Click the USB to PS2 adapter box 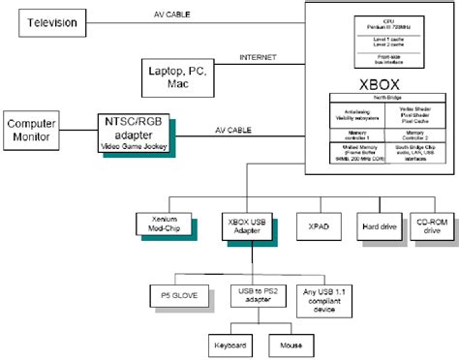(x=254, y=296)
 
